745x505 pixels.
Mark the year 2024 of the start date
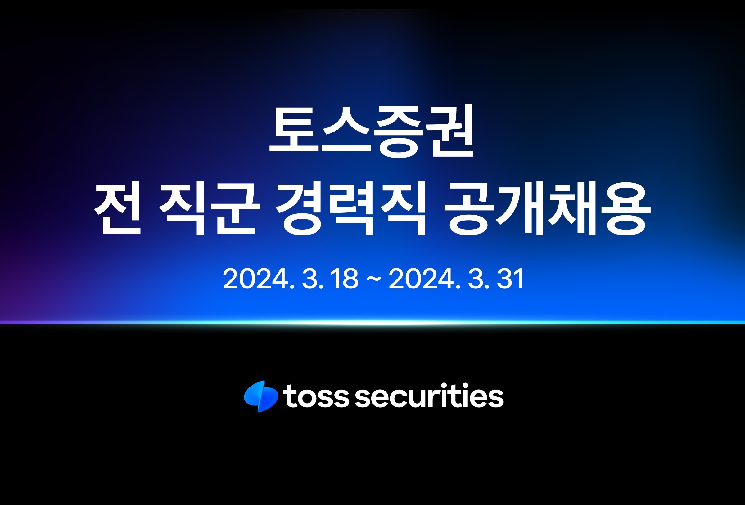(255, 279)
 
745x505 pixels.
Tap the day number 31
(510, 279)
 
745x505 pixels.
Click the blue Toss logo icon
(261, 396)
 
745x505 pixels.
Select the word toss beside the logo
(316, 396)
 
